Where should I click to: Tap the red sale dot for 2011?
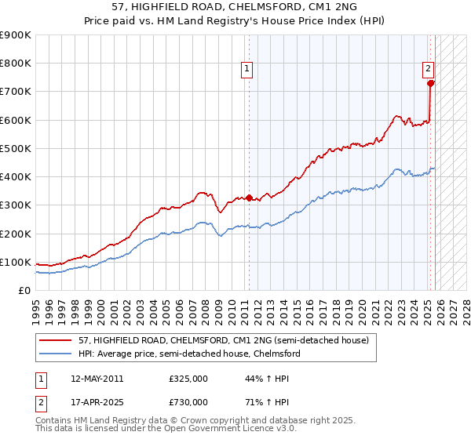[249, 198]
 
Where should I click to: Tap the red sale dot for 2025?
[431, 83]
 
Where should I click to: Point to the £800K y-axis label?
[16, 63]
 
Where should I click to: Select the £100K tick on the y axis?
[16, 262]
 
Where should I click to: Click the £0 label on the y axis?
[24, 290]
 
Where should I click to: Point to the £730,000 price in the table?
[188, 401]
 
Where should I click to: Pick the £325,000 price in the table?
[188, 378]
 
